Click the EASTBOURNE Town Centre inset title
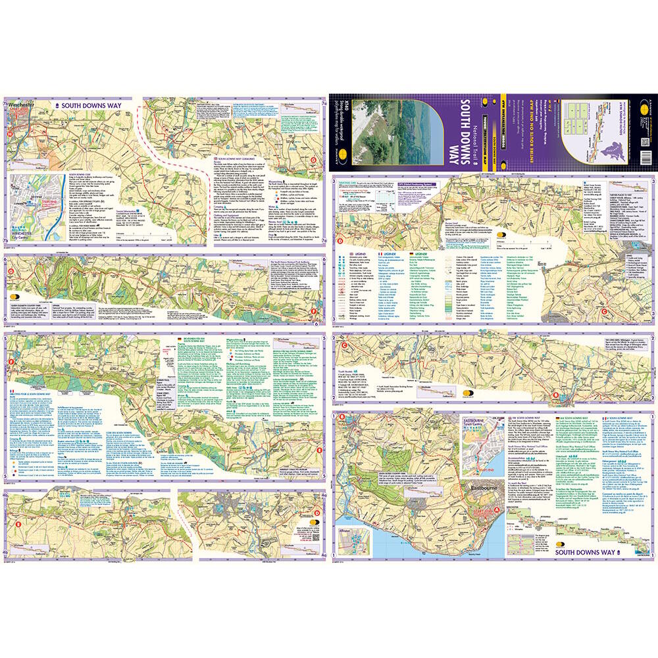click(x=480, y=422)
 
